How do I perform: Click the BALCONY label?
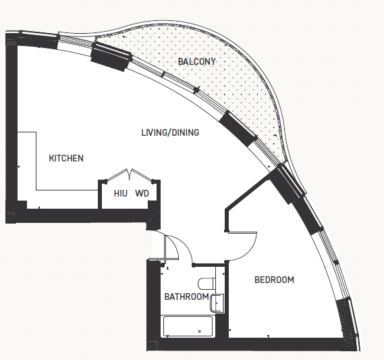coord(196,61)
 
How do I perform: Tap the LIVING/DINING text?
coord(170,132)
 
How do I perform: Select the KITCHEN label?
coord(66,158)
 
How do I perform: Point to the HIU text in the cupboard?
coord(121,193)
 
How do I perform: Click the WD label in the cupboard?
coord(142,193)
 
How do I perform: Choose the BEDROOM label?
coord(274,280)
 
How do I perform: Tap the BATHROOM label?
coord(186,297)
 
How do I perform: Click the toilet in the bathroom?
coord(207,283)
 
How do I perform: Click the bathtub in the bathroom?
coord(188,327)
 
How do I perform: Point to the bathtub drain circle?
coord(200,332)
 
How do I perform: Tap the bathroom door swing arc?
coord(184,245)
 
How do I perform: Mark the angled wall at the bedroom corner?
coord(248,194)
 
